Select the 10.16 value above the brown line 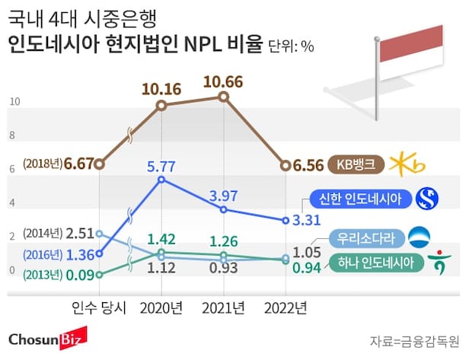pyautogui.click(x=161, y=88)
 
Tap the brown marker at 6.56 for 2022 pyautogui.click(x=286, y=164)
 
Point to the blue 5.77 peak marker pyautogui.click(x=161, y=180)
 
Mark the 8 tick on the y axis pyautogui.click(x=12, y=135)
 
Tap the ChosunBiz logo pyautogui.click(x=47, y=338)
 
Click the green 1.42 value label pyautogui.click(x=161, y=238)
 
